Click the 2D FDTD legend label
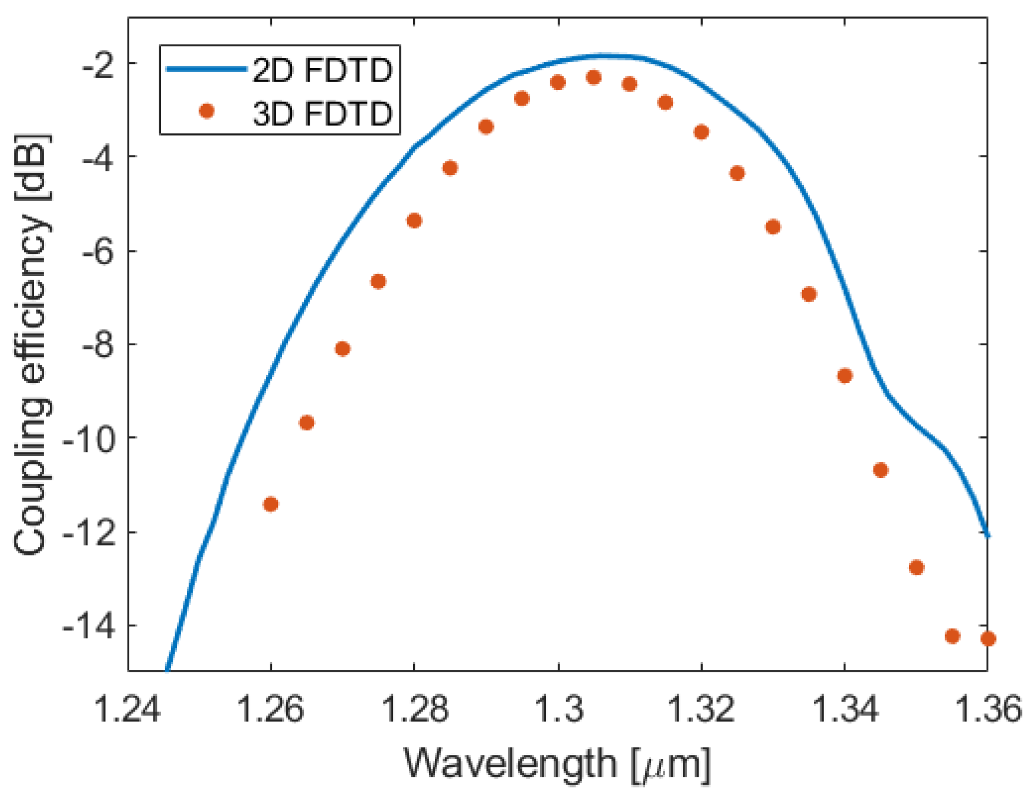coord(322,70)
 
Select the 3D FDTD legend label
coord(322,113)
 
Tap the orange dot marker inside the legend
coord(206,111)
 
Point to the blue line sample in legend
coord(206,69)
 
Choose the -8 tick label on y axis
coord(100,345)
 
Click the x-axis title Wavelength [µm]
coord(557,764)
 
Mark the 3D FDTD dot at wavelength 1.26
coord(270,504)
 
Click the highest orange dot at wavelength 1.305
coord(593,77)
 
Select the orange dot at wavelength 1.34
coord(844,376)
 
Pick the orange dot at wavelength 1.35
coord(916,567)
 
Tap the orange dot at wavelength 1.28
coord(414,221)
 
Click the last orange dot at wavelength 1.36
coord(988,638)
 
